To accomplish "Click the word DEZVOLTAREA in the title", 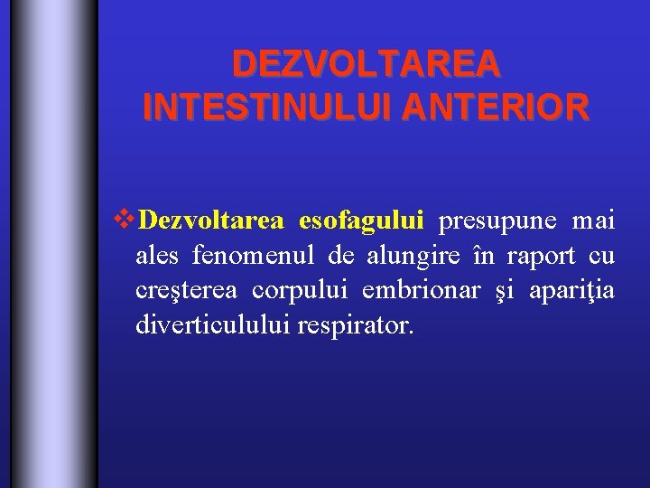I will point(366,64).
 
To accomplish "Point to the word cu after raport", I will point(600,257).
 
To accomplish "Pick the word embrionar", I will point(419,291).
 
